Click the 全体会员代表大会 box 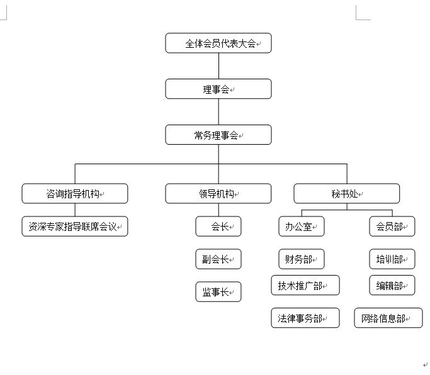click(218, 43)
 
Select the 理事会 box click(218, 89)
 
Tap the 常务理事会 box click(218, 135)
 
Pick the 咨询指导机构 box click(75, 194)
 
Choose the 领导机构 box click(218, 194)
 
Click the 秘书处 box click(347, 194)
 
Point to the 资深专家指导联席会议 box click(75, 226)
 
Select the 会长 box click(218, 226)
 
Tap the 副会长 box click(218, 259)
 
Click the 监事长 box click(218, 292)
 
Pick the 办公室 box click(302, 226)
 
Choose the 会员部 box click(392, 226)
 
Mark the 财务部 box click(302, 259)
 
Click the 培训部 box click(392, 259)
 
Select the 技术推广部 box click(305, 285)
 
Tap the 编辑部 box click(392, 285)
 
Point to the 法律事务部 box click(305, 318)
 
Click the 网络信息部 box click(388, 318)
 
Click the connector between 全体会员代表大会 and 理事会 click(218, 66)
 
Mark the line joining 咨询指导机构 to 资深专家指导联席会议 click(75, 210)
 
